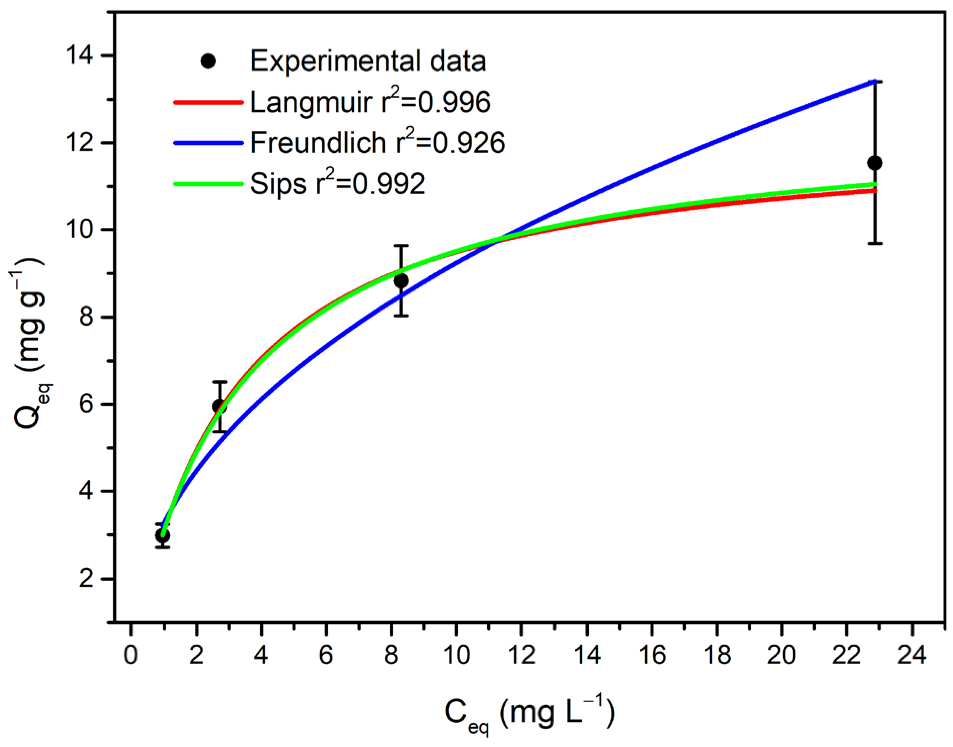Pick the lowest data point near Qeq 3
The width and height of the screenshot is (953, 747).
point(162,536)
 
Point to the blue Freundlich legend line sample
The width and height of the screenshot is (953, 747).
point(208,143)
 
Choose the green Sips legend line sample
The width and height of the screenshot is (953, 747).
point(208,184)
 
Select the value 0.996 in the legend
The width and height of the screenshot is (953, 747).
point(455,102)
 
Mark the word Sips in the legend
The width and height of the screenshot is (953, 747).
point(278,184)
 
